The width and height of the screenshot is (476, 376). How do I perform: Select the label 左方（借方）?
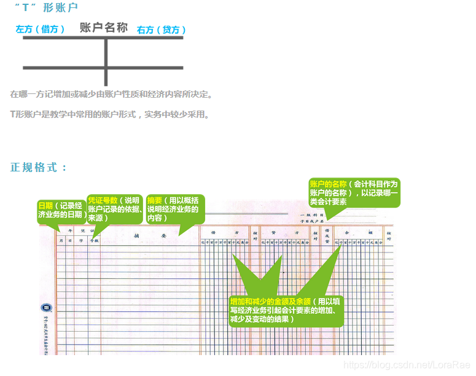pyautogui.click(x=40, y=29)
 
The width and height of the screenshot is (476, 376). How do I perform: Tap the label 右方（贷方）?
pyautogui.click(x=162, y=30)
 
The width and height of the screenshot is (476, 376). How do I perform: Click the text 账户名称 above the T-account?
pyautogui.click(x=104, y=28)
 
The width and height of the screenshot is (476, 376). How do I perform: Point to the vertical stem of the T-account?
pyautogui.click(x=106, y=61)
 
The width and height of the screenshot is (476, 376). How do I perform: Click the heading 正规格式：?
pyautogui.click(x=39, y=168)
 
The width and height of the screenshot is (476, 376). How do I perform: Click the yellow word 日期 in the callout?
pyautogui.click(x=45, y=206)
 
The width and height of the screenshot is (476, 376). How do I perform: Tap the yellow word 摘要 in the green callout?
pyautogui.click(x=155, y=200)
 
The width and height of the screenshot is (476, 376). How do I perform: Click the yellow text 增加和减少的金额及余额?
pyautogui.click(x=270, y=302)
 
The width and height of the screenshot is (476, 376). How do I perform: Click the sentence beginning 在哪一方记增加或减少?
pyautogui.click(x=111, y=95)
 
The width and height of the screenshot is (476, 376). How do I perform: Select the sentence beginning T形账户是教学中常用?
pyautogui.click(x=110, y=114)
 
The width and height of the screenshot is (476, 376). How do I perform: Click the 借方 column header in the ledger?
pyautogui.click(x=224, y=233)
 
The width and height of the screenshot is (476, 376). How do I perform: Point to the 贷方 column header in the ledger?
pyautogui.click(x=285, y=233)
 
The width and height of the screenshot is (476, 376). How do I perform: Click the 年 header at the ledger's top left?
pyautogui.click(x=70, y=230)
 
